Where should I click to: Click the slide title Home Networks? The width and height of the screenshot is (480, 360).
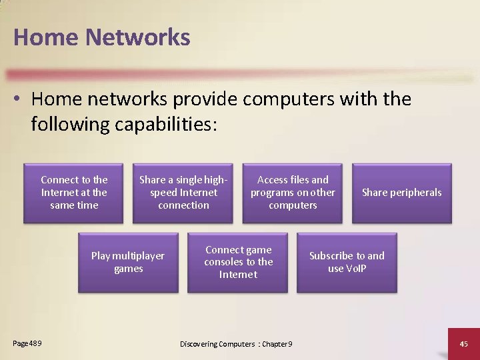(101, 37)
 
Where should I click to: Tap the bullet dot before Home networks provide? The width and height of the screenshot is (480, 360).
(19, 100)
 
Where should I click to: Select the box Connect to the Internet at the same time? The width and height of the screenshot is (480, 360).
(74, 192)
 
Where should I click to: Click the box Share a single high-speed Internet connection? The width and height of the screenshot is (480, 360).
(183, 192)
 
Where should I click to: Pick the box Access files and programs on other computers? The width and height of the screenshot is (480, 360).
(293, 192)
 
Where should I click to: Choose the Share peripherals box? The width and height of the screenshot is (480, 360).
(401, 192)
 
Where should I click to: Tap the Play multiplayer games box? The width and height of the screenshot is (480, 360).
(128, 262)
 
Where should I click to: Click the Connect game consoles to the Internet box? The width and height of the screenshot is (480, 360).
(238, 262)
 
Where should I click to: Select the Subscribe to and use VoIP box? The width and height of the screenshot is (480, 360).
(347, 262)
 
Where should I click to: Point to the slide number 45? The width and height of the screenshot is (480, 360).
(464, 343)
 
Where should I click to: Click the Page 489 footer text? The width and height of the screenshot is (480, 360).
(27, 343)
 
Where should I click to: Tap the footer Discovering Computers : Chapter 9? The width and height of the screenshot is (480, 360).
(237, 344)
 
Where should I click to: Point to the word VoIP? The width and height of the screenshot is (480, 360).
(356, 269)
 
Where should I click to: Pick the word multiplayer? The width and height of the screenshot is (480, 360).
(138, 256)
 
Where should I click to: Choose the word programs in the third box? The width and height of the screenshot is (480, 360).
(273, 193)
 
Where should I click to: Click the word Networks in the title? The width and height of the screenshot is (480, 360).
(138, 37)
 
